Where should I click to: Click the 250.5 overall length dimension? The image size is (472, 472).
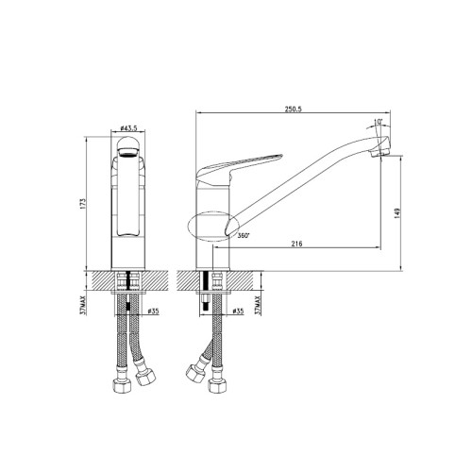coord(294,109)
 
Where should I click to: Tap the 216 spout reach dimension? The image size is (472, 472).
coord(296,244)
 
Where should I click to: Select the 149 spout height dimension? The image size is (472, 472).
coord(397,213)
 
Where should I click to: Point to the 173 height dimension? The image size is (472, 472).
coord(83,204)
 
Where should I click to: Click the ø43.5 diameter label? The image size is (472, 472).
coord(128,128)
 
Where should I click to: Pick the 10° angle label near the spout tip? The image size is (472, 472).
coord(378,122)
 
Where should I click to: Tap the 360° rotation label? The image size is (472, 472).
coord(244,235)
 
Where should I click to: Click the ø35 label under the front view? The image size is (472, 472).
coord(153,312)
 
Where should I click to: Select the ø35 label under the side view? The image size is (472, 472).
coord(238,312)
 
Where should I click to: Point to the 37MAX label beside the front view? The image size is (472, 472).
coord(83,305)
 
